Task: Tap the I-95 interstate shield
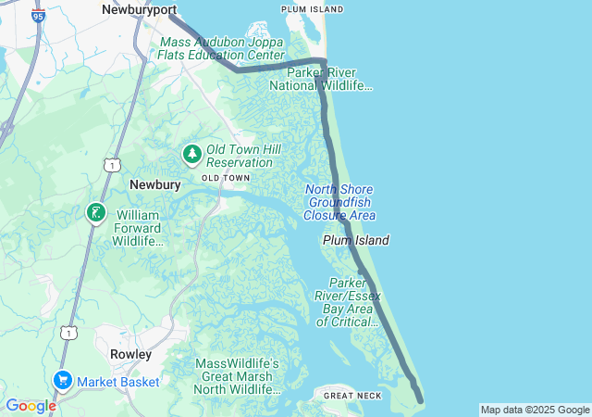(x=37, y=16)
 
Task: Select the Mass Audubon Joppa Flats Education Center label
(x=222, y=49)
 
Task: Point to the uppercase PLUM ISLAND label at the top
(x=312, y=9)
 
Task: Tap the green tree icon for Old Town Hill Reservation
(x=192, y=154)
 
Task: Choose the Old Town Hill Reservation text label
(x=240, y=156)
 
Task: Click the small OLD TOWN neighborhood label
(x=226, y=177)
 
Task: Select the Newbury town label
(x=154, y=184)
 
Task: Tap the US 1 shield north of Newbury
(x=112, y=165)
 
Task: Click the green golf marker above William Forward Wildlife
(x=95, y=214)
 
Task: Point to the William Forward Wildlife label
(x=138, y=228)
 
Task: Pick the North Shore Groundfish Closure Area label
(x=339, y=202)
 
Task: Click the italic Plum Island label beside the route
(x=355, y=240)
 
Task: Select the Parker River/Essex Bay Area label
(x=348, y=302)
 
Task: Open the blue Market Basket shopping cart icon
(x=63, y=381)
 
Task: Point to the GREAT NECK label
(x=351, y=396)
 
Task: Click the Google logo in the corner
(x=30, y=406)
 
